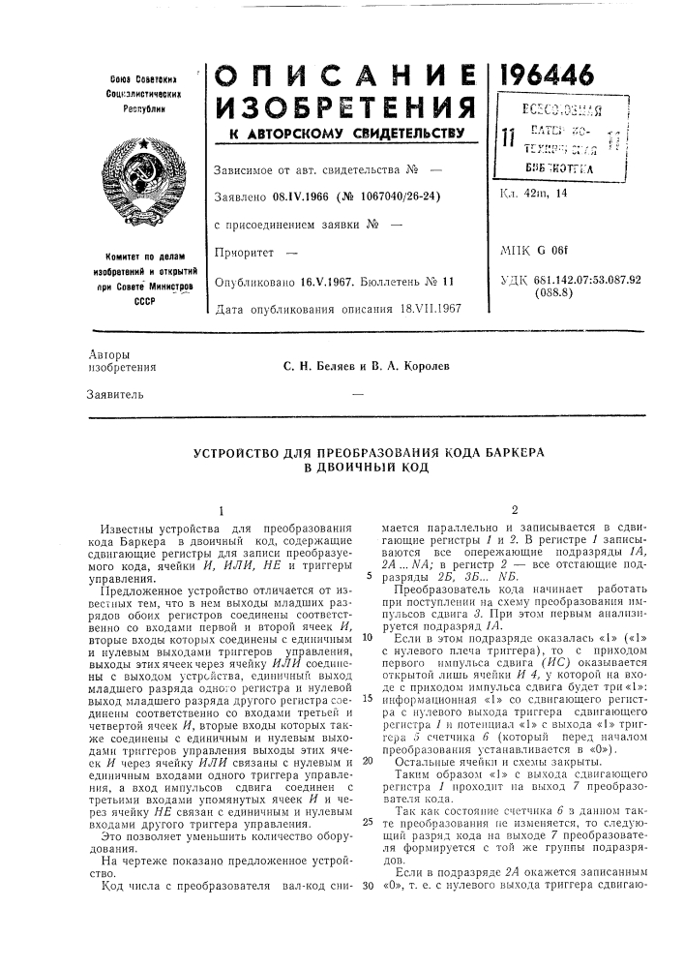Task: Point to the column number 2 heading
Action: [x=515, y=508]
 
